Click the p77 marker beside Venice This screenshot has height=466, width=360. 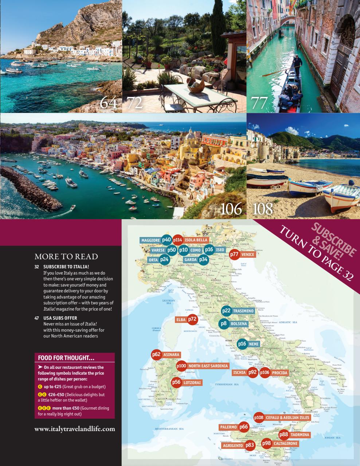(235, 254)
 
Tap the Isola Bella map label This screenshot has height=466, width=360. (196, 240)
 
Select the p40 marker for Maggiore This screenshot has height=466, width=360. (166, 240)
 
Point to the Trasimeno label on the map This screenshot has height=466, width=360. (243, 311)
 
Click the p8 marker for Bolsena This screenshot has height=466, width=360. (224, 323)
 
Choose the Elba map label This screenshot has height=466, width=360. (181, 320)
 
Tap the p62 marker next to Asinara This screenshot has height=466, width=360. (156, 354)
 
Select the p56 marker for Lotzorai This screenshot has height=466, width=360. (176, 382)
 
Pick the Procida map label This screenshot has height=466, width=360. (279, 372)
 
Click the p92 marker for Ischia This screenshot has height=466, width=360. (253, 372)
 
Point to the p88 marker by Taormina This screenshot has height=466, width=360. (284, 434)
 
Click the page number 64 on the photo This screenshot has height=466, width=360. (109, 103)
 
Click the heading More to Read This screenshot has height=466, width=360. (66, 256)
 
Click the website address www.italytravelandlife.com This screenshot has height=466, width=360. (75, 429)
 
